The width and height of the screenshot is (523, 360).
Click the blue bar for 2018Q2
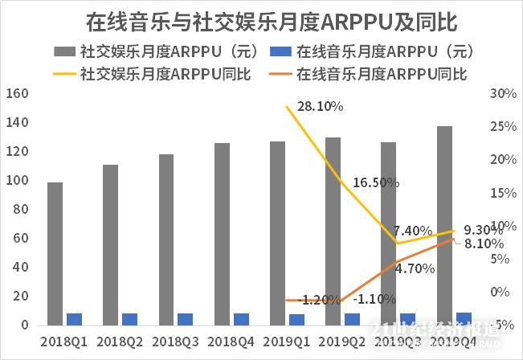[130, 319]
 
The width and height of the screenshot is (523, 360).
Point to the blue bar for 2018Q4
[241, 319]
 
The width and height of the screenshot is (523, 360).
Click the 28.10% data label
[320, 106]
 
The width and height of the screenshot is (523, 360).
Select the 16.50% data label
[375, 182]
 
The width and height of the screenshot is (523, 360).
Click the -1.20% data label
[319, 300]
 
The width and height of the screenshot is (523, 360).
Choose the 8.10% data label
[484, 243]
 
